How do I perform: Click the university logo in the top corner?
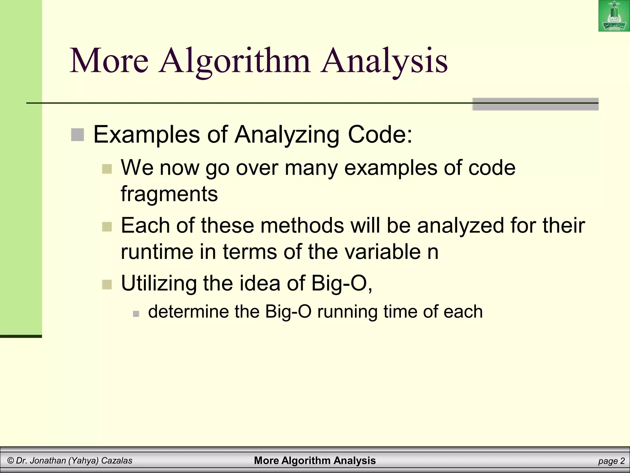(x=614, y=16)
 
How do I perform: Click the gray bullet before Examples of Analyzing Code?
(x=78, y=135)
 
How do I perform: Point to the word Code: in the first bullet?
(x=380, y=135)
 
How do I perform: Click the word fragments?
(x=169, y=194)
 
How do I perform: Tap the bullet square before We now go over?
(x=107, y=169)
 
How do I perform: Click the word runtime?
(x=157, y=252)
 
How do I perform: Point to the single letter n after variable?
(x=433, y=252)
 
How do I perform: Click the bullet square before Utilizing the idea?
(x=107, y=284)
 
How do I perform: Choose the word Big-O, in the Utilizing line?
(x=342, y=283)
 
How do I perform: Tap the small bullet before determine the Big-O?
(x=136, y=314)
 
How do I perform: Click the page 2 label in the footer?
(x=611, y=461)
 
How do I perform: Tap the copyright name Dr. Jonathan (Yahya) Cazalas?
(x=70, y=461)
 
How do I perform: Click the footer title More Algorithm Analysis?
(x=315, y=461)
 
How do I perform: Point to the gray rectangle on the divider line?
(x=535, y=104)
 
